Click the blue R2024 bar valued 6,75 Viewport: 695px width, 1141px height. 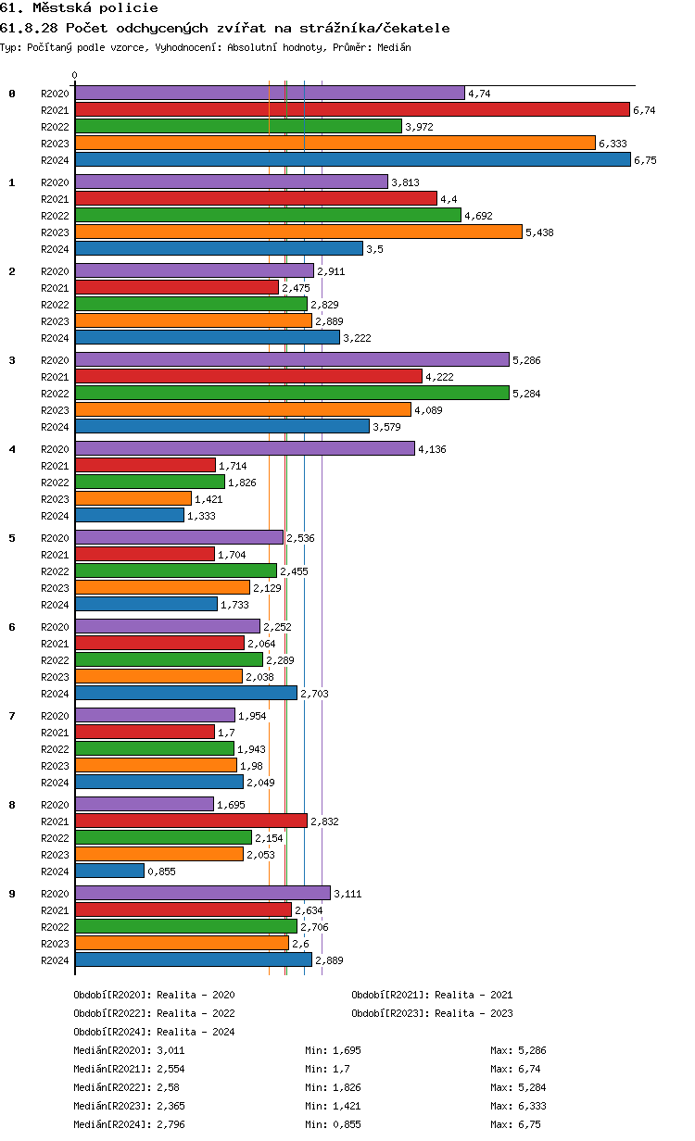point(352,159)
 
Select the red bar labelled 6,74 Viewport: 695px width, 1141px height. point(352,109)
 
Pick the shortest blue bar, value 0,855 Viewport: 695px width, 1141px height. point(109,871)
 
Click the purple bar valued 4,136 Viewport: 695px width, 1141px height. point(245,448)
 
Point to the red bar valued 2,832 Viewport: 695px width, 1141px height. point(191,821)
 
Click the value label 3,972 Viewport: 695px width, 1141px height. point(419,127)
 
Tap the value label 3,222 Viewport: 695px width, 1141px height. point(357,338)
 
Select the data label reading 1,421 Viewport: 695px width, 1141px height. point(208,499)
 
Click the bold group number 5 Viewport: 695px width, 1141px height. point(12,538)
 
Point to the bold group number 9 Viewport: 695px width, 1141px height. point(12,894)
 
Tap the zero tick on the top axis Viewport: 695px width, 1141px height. point(75,75)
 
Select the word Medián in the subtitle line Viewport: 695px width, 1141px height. point(393,46)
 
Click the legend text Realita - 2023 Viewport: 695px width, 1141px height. point(474,1013)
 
